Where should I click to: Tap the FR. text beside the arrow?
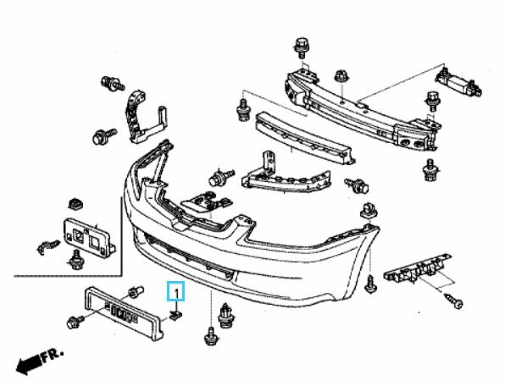point(53,354)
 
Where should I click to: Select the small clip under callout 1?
point(176,316)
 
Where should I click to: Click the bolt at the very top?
point(302,47)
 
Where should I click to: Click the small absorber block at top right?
point(458,84)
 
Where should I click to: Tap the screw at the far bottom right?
point(454,301)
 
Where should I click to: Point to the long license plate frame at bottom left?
point(124,312)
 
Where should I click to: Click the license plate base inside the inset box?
point(89,237)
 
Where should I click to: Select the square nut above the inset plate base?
point(76,204)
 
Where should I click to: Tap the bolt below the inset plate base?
point(75,261)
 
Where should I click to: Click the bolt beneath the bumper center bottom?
point(211,336)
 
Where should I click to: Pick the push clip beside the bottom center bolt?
point(225,316)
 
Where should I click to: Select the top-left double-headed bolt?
point(113,84)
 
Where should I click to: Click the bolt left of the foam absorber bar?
point(244,110)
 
